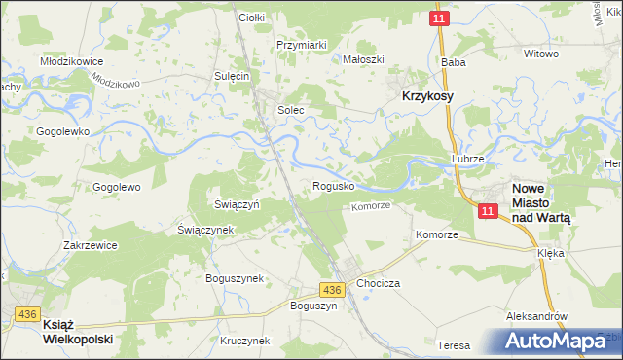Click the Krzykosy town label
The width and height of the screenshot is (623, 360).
(426, 97)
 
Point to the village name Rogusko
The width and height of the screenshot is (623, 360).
(334, 185)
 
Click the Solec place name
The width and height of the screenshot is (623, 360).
(291, 110)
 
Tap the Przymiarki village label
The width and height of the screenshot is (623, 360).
(301, 45)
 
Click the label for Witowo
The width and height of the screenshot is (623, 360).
(541, 54)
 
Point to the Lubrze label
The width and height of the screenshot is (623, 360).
(467, 158)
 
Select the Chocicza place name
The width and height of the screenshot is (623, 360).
(379, 282)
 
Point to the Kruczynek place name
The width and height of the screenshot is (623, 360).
(244, 341)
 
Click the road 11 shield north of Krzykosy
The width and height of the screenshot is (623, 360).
(440, 18)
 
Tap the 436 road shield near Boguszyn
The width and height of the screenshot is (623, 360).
(332, 290)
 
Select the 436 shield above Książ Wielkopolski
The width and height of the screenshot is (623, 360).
(26, 313)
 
